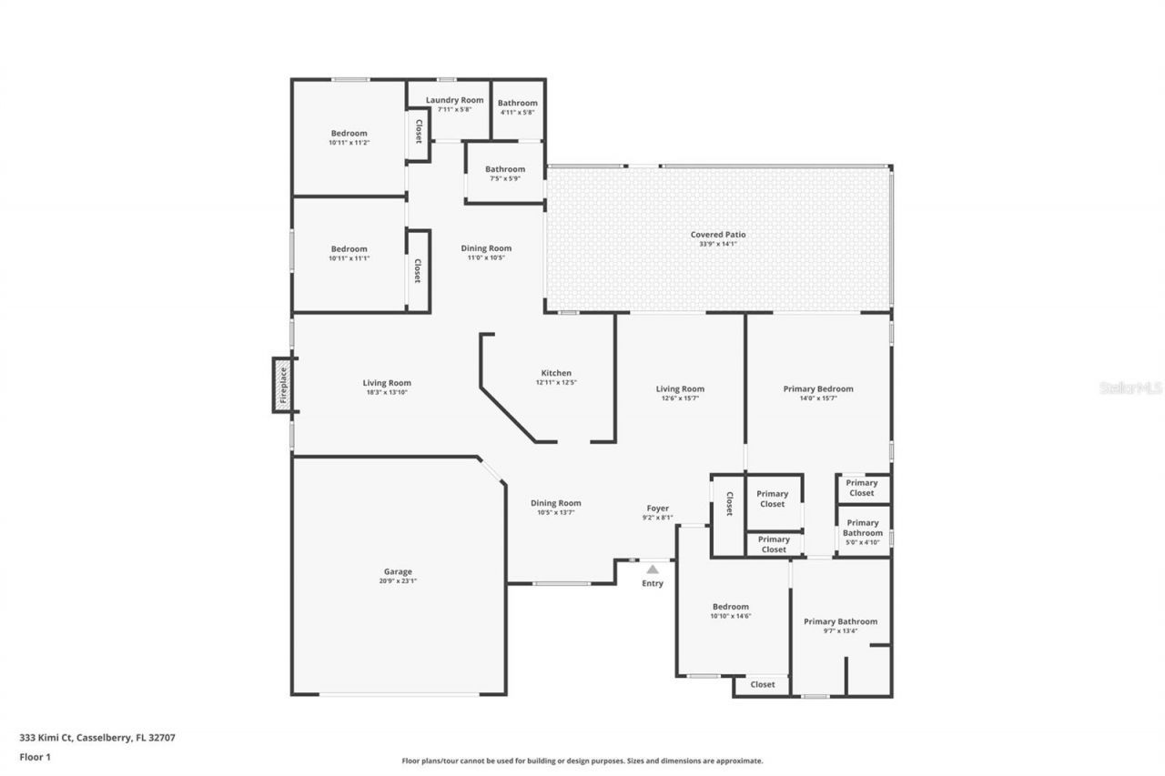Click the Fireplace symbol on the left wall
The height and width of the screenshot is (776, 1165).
283,385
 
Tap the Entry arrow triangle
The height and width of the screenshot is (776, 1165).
653,569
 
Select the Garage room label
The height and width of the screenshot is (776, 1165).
399,571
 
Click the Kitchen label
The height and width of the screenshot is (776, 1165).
556,373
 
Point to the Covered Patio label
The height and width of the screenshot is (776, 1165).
717,235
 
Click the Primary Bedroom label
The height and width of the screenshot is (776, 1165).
818,389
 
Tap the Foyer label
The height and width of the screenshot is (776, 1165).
657,509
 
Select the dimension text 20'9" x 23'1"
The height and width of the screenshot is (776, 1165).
399,581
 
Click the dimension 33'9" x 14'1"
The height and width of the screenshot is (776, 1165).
717,244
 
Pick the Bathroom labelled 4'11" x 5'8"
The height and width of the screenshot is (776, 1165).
518,104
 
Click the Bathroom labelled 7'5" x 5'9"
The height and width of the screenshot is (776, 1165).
504,169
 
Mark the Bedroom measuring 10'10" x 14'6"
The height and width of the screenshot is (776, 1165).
731,607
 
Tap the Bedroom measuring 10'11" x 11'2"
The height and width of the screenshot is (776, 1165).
349,134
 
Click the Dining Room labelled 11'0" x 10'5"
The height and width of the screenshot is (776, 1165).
486,248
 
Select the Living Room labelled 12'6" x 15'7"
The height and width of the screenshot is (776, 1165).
680,389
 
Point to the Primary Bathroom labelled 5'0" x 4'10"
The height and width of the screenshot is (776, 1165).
862,528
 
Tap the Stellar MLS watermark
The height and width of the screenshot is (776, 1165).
1130,388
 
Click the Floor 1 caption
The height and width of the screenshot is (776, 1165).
35,756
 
